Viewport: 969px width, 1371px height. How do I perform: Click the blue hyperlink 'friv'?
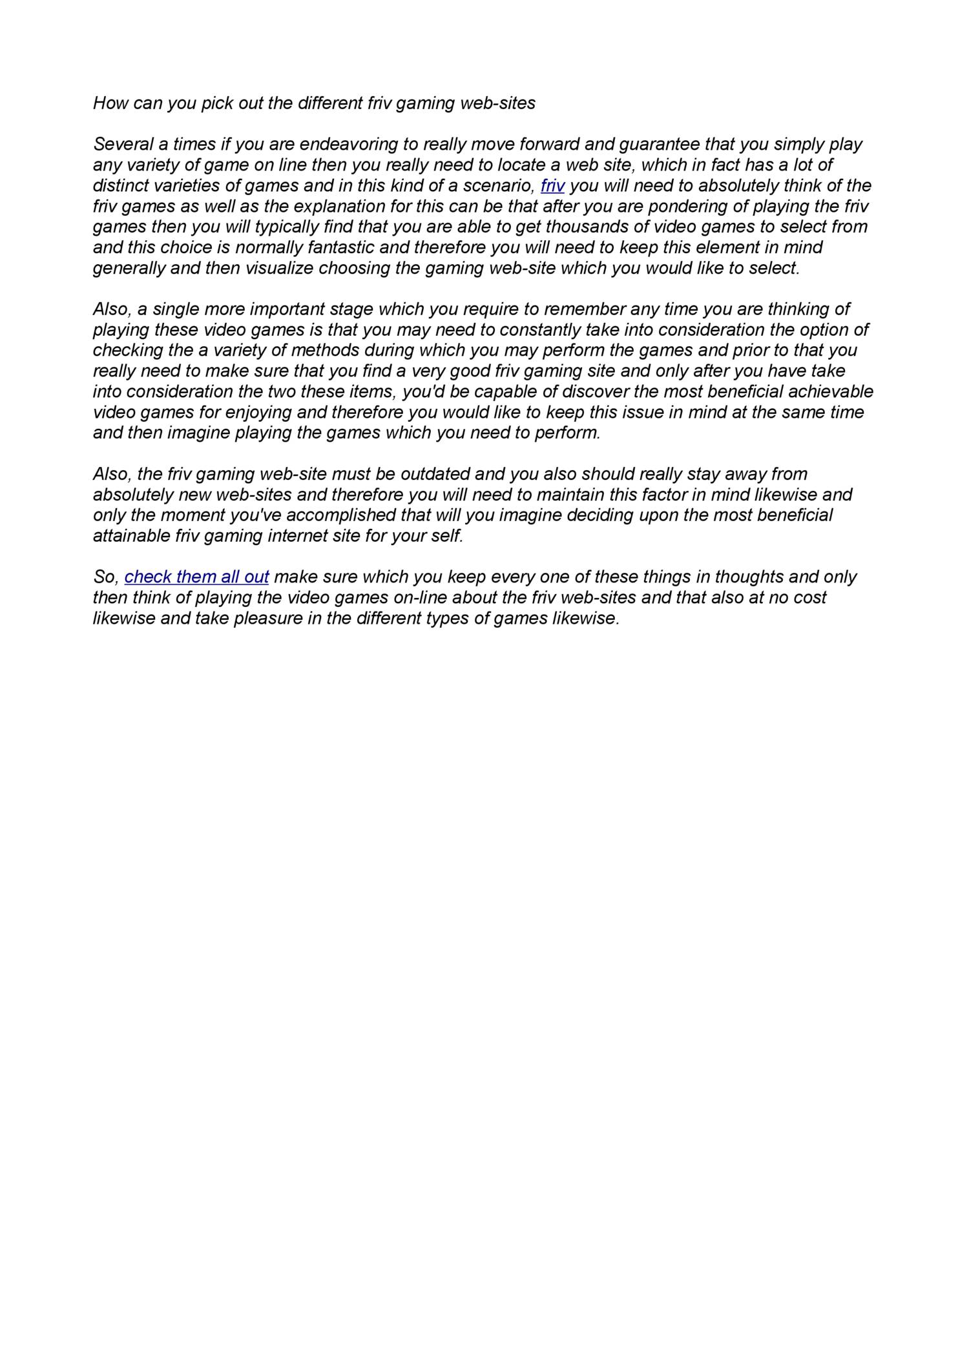[x=552, y=186]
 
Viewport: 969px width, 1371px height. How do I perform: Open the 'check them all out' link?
[x=196, y=577]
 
